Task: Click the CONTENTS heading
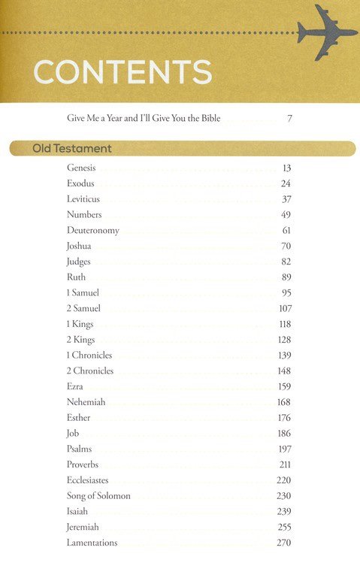(x=123, y=74)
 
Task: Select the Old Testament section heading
(x=72, y=148)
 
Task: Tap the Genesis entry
(x=81, y=168)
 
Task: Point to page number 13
(x=286, y=168)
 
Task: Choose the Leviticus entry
(x=83, y=199)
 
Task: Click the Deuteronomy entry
(x=92, y=230)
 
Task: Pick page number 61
(x=286, y=230)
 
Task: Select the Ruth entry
(x=76, y=277)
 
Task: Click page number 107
(x=284, y=308)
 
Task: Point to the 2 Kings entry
(x=80, y=339)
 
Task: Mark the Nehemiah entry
(x=86, y=402)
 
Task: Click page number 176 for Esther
(x=284, y=418)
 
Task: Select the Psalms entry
(x=79, y=449)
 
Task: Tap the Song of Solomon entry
(x=98, y=495)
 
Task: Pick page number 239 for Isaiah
(x=284, y=511)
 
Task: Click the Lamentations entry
(x=92, y=543)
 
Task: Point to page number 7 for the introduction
(x=289, y=119)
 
